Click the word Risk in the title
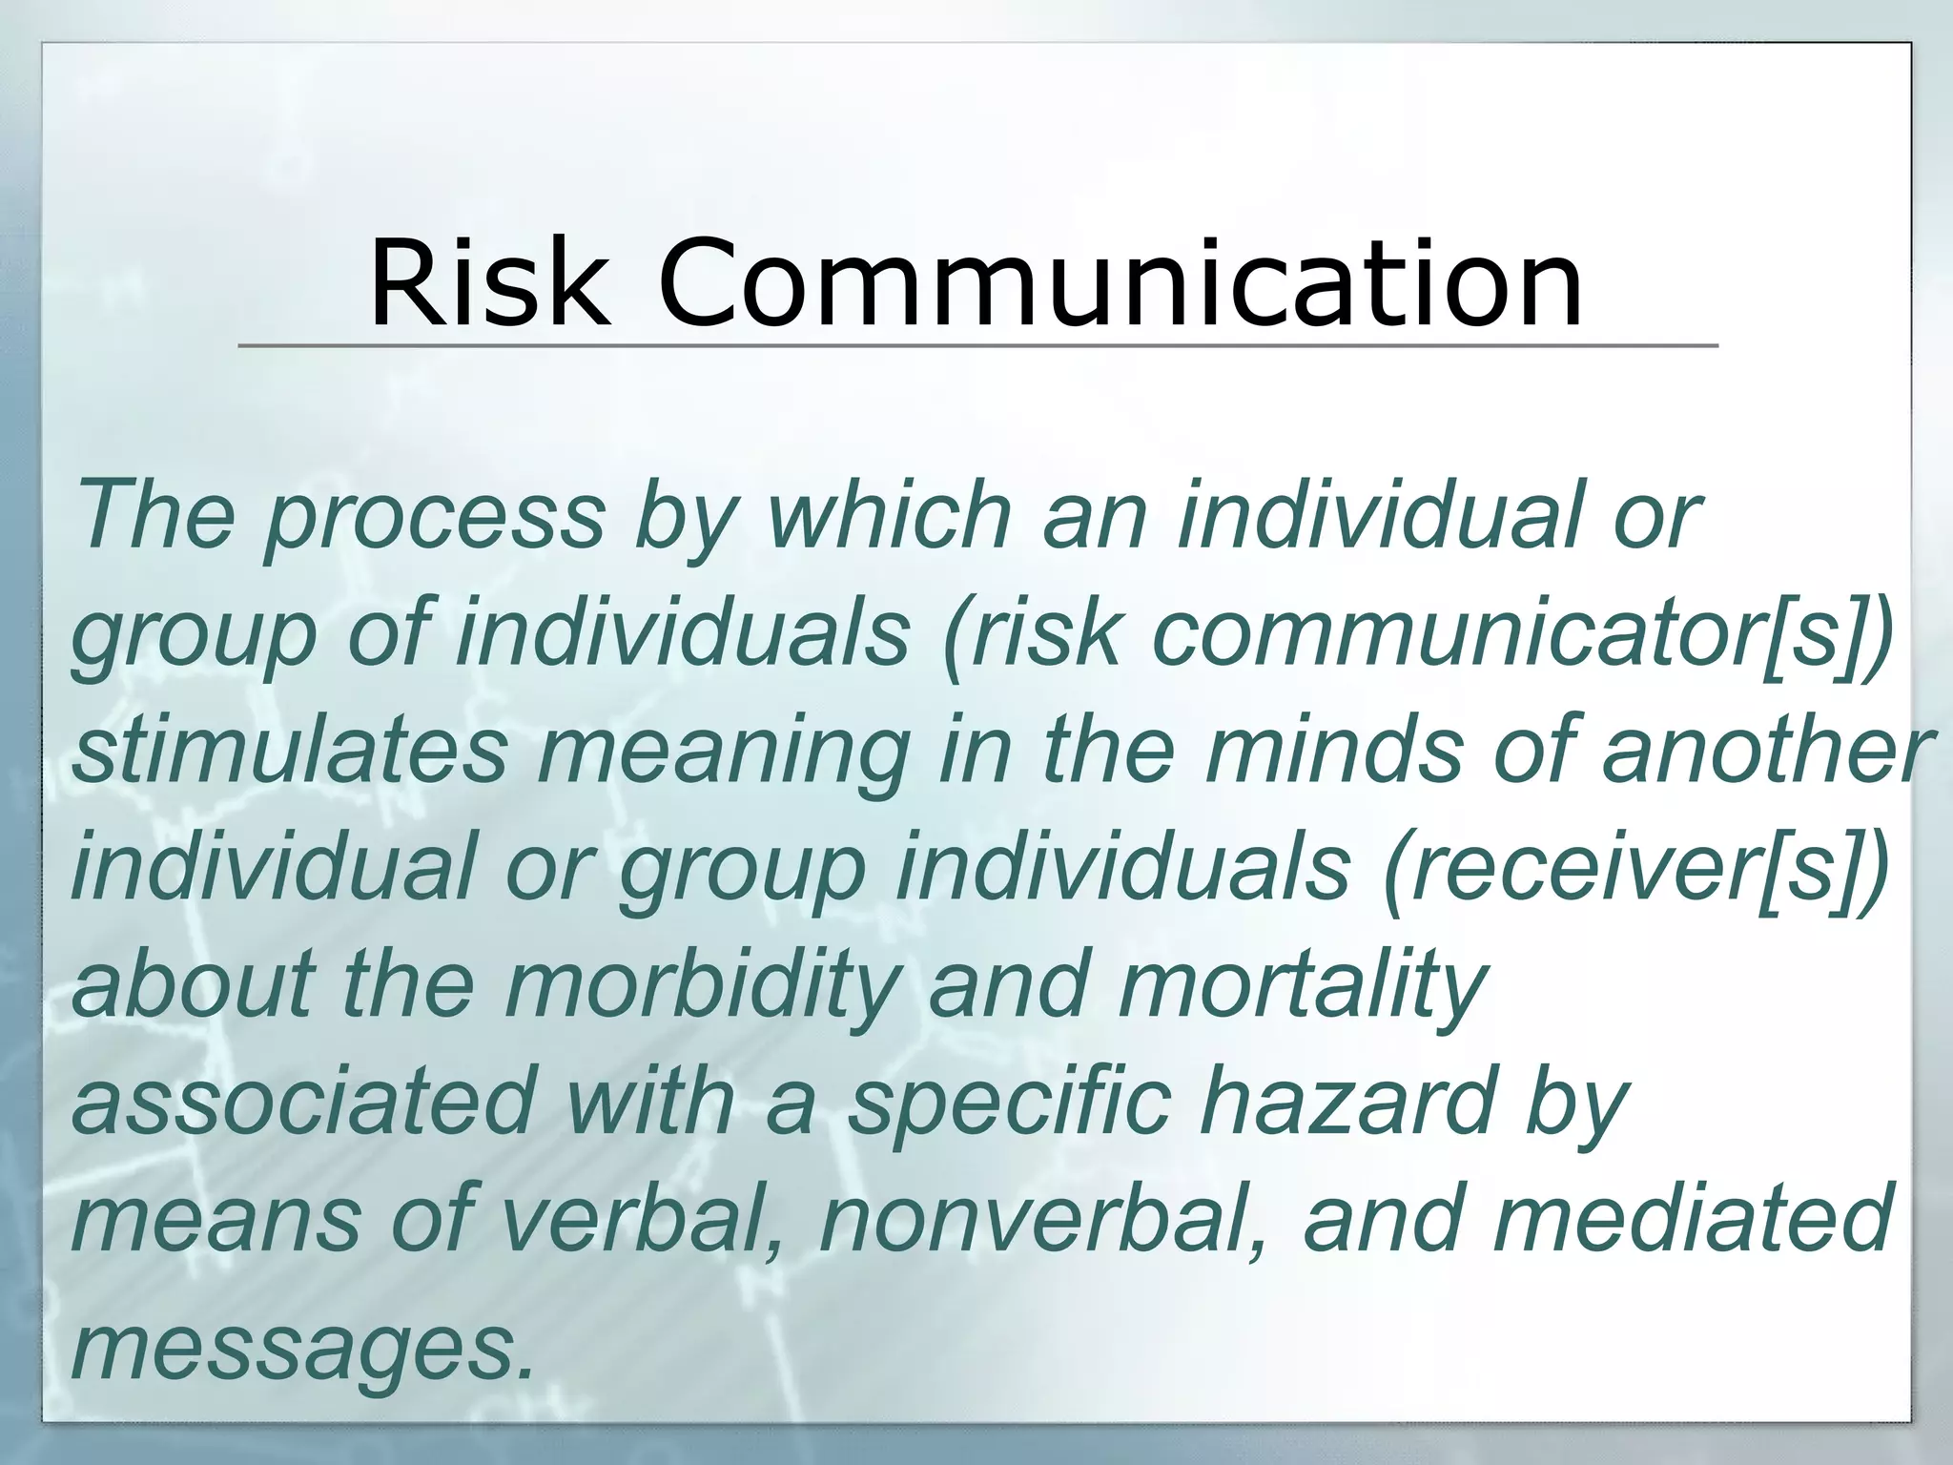(488, 283)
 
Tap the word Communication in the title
(1120, 283)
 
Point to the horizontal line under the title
(976, 345)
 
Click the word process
(435, 518)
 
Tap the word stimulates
(290, 751)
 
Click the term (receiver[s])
(1636, 868)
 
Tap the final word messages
(301, 1347)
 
